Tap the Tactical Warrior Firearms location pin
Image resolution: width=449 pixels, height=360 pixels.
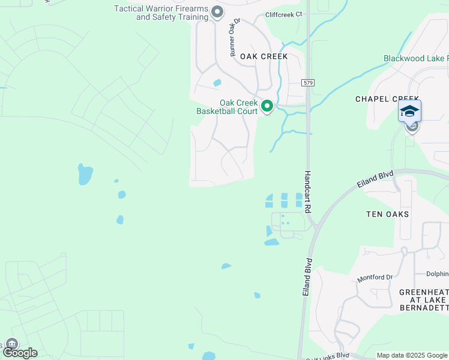[217, 12]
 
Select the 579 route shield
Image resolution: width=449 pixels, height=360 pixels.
[309, 83]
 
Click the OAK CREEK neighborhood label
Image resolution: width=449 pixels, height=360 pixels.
[264, 56]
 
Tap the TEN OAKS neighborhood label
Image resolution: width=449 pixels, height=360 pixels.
[387, 214]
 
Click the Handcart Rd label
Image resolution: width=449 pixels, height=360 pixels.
[307, 192]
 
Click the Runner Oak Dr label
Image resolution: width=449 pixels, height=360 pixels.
[234, 37]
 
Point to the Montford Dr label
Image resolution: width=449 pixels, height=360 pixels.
[375, 278]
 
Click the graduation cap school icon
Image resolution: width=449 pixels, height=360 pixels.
[409, 111]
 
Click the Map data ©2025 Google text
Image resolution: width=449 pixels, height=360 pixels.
[412, 356]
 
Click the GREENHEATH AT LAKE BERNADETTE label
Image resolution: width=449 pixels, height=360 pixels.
[424, 300]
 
